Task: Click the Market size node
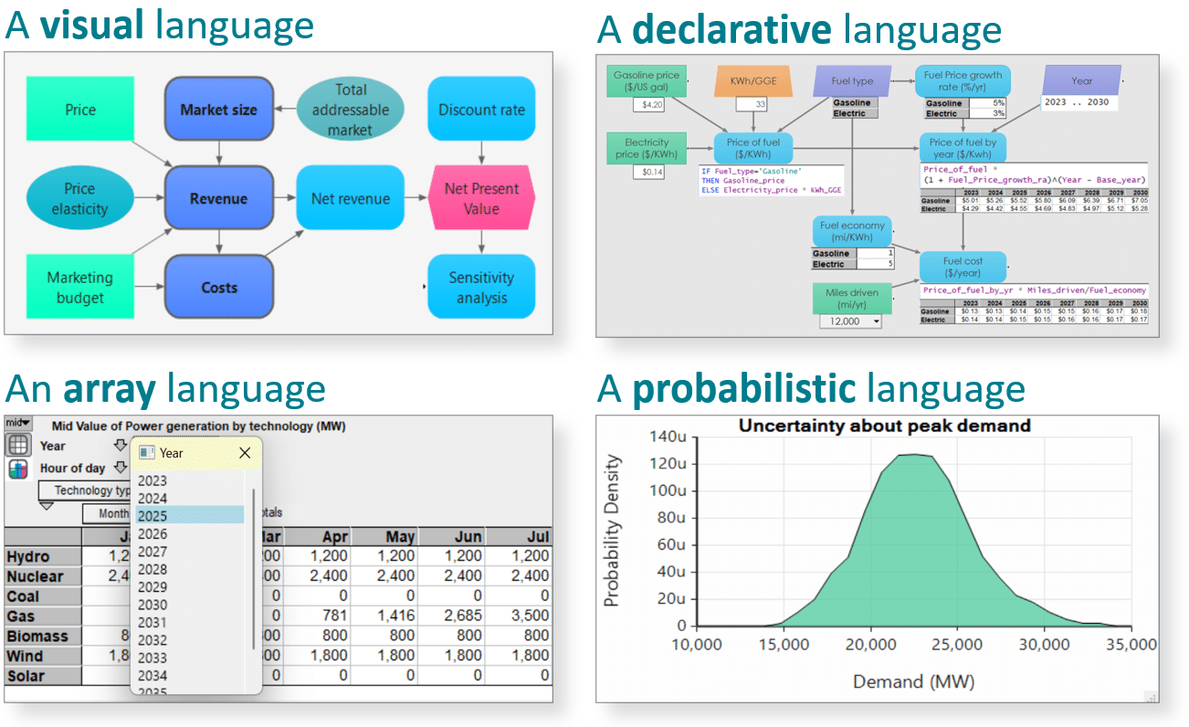[218, 110]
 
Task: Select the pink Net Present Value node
[481, 198]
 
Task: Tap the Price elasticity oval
[79, 199]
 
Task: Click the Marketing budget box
[79, 287]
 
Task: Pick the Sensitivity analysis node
[481, 287]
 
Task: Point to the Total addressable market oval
[350, 110]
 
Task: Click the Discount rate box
[481, 110]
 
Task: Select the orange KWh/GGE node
[747, 80]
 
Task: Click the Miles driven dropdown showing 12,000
[850, 321]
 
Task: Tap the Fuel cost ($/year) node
[963, 267]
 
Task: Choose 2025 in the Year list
[190, 515]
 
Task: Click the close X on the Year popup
[245, 453]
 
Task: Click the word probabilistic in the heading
[743, 389]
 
